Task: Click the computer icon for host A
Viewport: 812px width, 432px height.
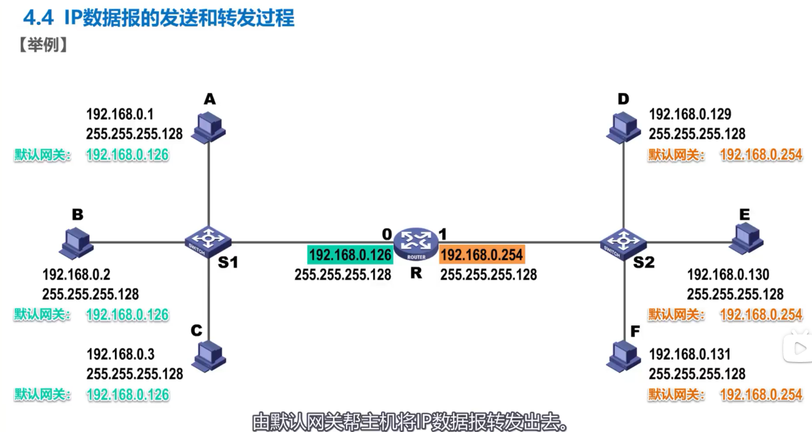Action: tap(209, 126)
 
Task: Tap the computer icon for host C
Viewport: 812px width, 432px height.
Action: tap(209, 356)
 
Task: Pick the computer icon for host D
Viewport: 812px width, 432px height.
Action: tap(623, 126)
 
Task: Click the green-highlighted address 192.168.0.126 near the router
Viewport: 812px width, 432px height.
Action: tap(350, 255)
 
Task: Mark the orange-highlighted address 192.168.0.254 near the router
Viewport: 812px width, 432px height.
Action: tap(482, 255)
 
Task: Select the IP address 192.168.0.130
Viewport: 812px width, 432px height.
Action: tap(728, 274)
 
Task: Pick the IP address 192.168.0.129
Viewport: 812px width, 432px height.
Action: tap(690, 114)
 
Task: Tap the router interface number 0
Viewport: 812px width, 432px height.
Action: tap(387, 234)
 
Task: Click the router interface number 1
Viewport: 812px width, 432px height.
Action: tap(443, 234)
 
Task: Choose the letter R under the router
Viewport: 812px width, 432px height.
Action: tap(416, 273)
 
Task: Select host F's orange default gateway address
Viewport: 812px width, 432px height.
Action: tap(761, 394)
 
